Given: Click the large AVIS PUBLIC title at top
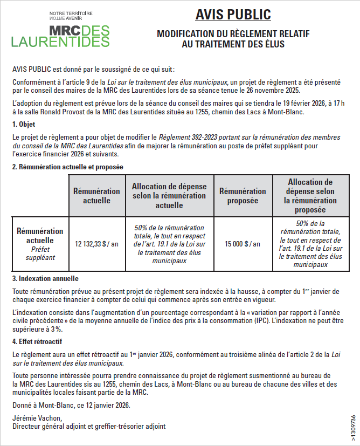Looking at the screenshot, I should pos(233,15).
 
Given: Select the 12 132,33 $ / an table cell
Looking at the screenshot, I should pos(96,244).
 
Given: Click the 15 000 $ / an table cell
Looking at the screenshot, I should pos(243,244).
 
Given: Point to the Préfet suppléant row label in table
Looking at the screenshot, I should pos(40,253).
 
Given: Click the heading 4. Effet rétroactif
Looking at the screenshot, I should pos(37,341).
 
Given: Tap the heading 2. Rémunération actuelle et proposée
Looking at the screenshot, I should pos(68,167).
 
